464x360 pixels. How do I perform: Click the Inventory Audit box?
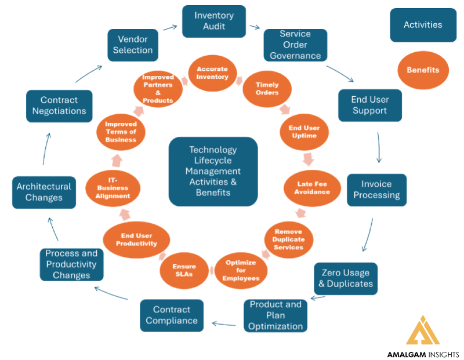coord(213,21)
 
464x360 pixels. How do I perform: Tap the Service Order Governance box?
coord(295,45)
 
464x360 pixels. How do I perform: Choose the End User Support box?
coord(369,105)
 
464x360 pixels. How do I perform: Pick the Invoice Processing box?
coord(376,190)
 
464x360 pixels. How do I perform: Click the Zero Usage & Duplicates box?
coord(346,278)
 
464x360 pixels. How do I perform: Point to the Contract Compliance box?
coord(172,315)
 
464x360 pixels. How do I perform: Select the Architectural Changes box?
coord(44,192)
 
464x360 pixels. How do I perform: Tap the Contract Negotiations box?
coord(59,106)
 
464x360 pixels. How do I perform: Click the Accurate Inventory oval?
coord(212,73)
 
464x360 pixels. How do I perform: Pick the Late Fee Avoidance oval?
coord(313,187)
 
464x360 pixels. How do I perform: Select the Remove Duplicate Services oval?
coord(288,239)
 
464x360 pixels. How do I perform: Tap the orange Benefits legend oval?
coord(423,70)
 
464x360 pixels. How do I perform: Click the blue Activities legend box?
coord(423,25)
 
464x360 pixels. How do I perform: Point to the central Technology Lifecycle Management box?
coord(213,171)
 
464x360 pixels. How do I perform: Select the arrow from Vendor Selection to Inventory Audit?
coord(169,27)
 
